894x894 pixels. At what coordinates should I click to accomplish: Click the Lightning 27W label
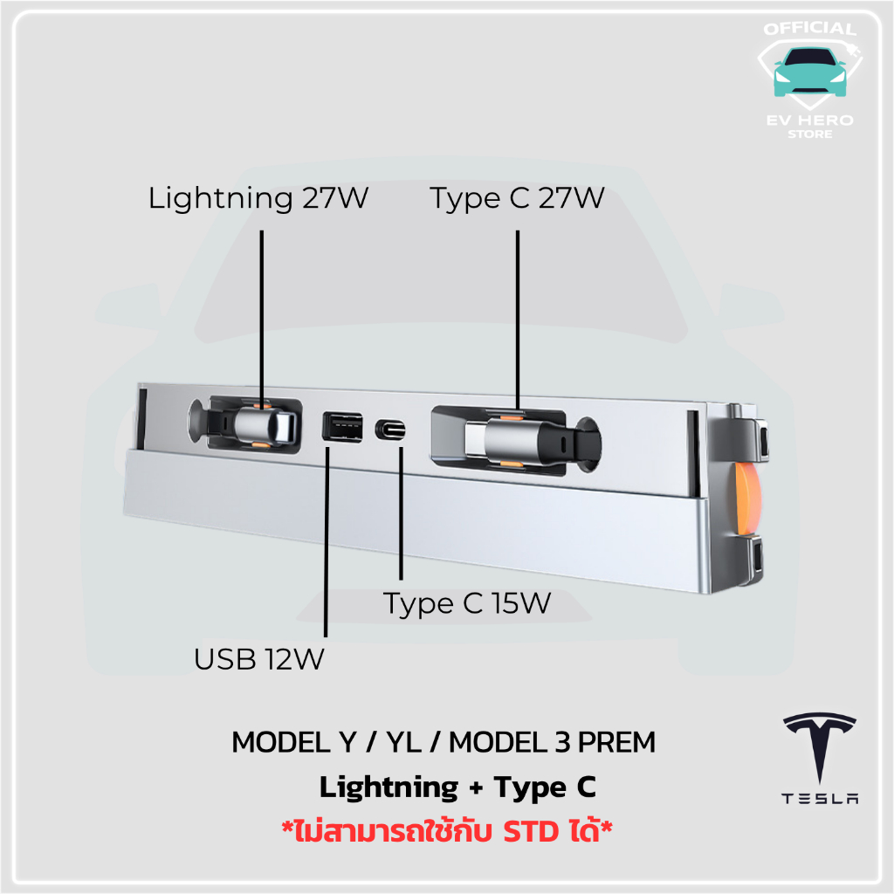(x=258, y=198)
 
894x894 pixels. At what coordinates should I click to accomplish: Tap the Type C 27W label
(x=517, y=198)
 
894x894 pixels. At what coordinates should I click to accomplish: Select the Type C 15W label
(x=468, y=603)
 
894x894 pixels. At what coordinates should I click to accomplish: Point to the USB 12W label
(x=259, y=659)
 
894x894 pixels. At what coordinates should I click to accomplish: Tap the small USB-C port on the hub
(x=390, y=430)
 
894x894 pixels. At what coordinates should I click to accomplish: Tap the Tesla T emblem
(x=820, y=746)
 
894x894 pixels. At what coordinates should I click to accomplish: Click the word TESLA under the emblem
(x=820, y=798)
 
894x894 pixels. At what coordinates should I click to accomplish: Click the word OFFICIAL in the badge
(x=808, y=30)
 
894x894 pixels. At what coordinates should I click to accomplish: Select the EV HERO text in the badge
(x=808, y=120)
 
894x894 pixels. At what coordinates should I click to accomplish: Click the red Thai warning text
(x=445, y=829)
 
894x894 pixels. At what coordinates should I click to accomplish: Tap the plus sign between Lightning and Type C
(x=475, y=787)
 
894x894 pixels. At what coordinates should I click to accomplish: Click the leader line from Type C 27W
(x=518, y=314)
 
